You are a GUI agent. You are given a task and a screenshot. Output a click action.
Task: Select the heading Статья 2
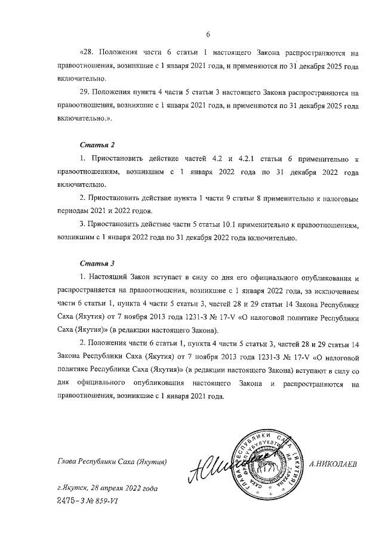pyautogui.click(x=96, y=145)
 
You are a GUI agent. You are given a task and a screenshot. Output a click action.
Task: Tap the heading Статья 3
pyautogui.click(x=96, y=263)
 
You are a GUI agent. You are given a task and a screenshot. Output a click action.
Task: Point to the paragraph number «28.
pyautogui.click(x=87, y=53)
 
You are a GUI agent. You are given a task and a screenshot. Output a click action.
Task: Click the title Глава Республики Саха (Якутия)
pyautogui.click(x=112, y=462)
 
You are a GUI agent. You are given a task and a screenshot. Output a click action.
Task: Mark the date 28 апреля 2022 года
pyautogui.click(x=126, y=489)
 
